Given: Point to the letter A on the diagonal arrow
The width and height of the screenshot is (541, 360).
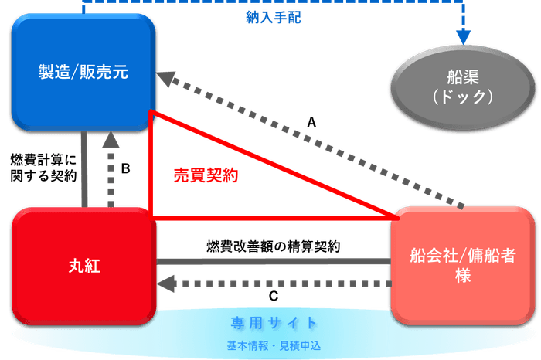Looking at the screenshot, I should pyautogui.click(x=311, y=122).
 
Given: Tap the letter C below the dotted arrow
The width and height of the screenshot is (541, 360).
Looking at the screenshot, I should pyautogui.click(x=274, y=296).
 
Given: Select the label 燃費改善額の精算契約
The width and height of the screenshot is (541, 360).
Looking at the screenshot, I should pyautogui.click(x=274, y=246).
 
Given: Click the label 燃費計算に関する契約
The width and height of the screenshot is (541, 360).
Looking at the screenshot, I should pyautogui.click(x=43, y=168).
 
